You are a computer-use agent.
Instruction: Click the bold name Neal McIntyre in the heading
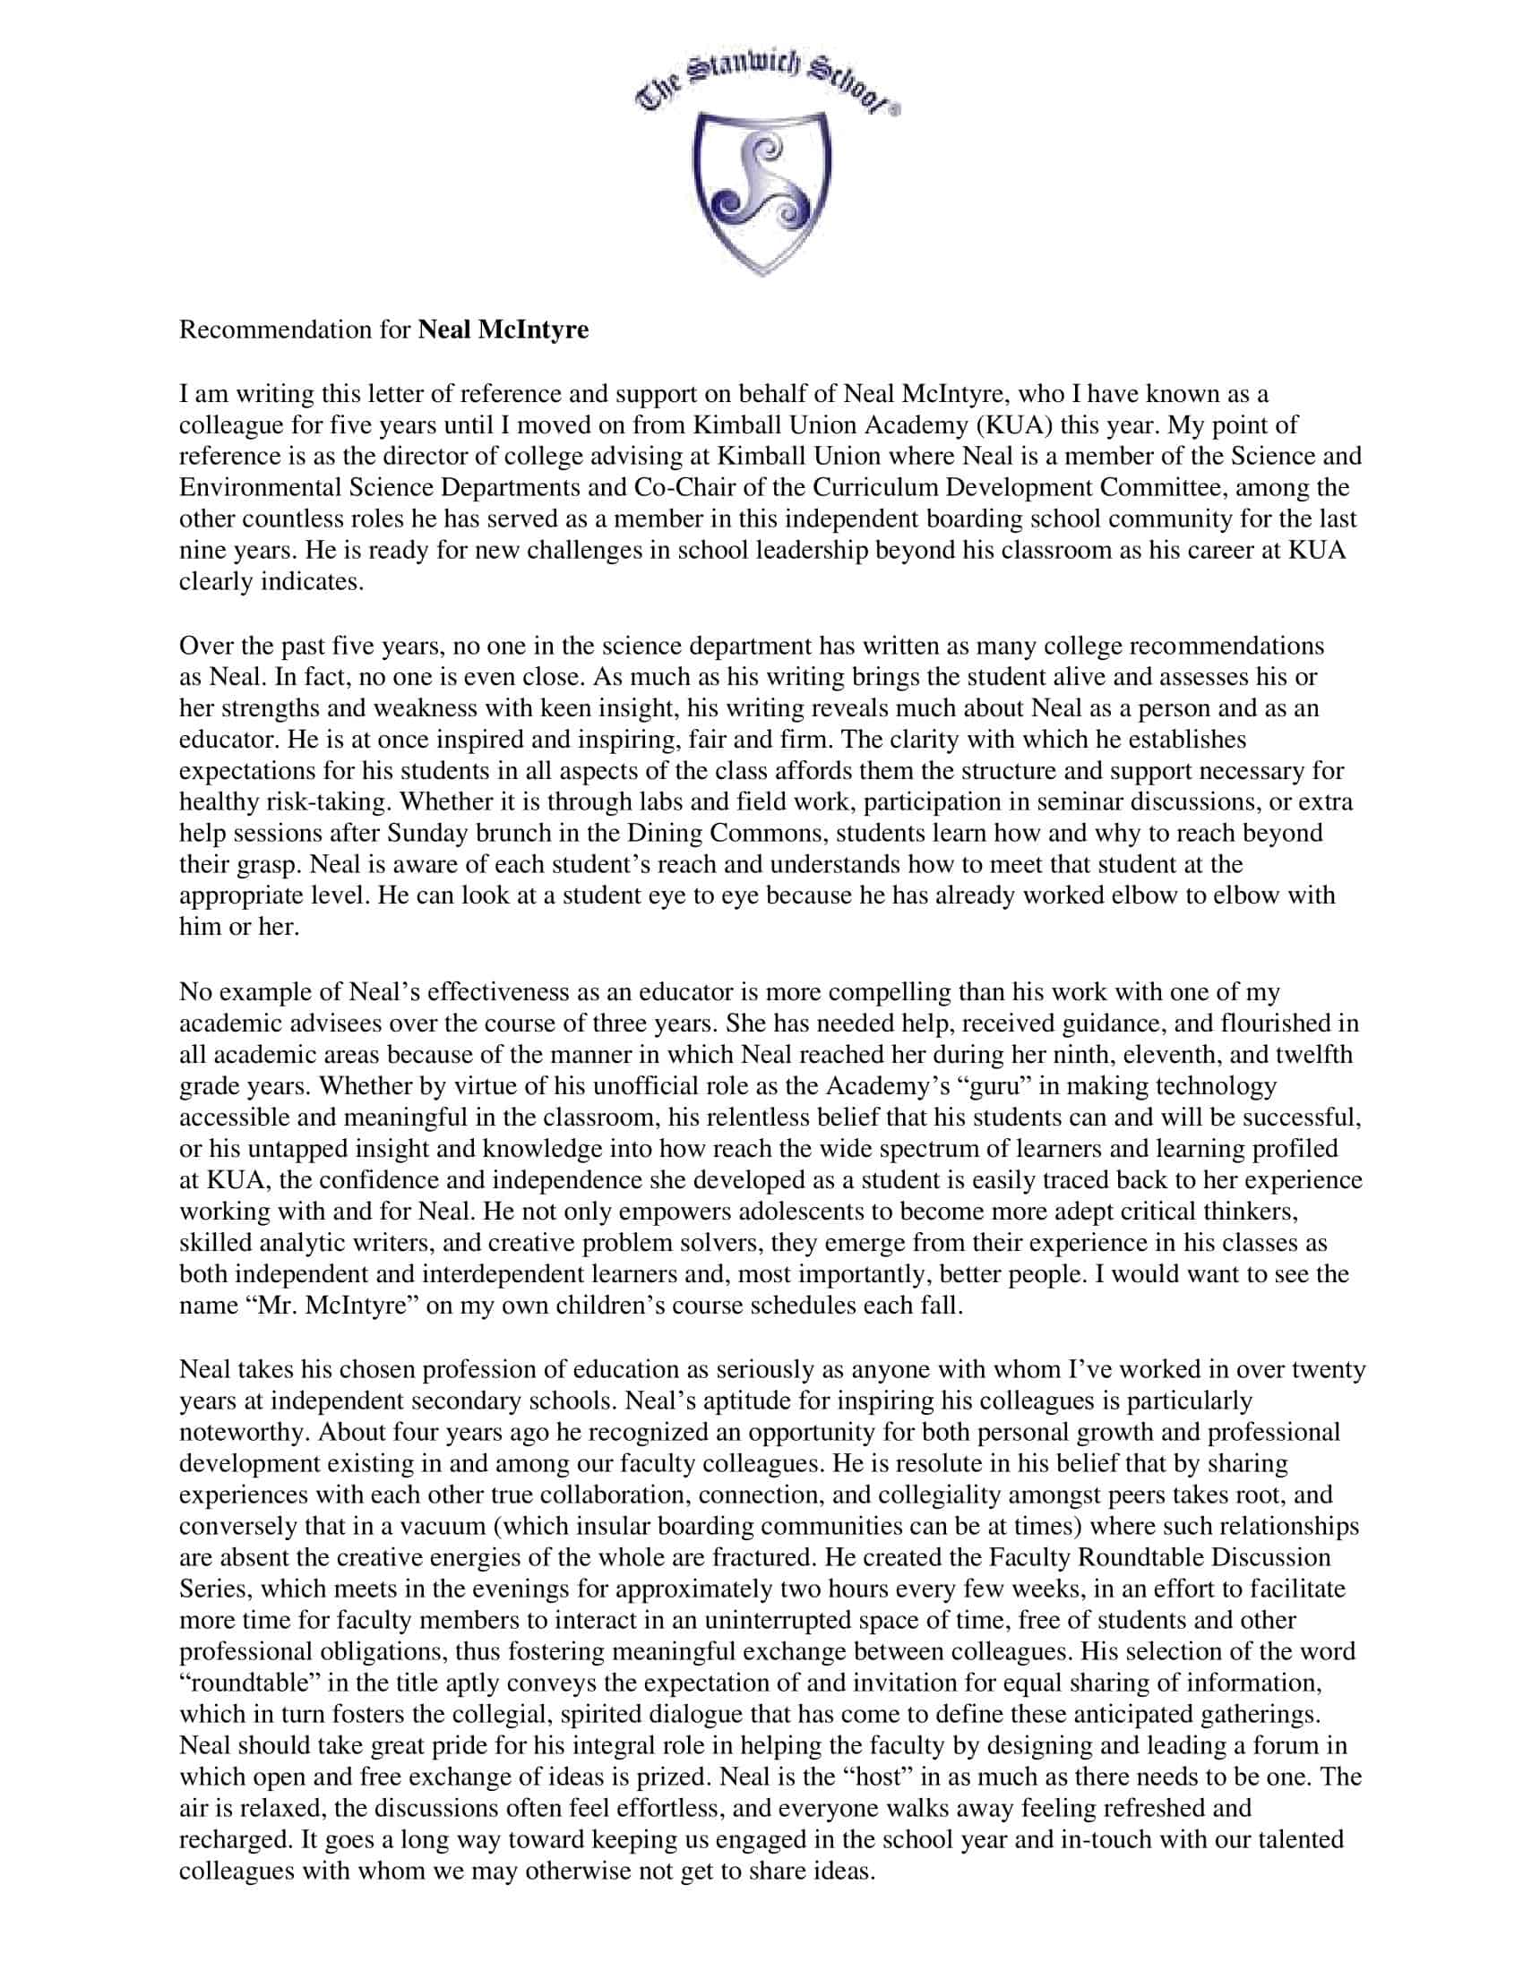click(503, 330)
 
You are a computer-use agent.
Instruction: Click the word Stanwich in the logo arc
click(744, 69)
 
